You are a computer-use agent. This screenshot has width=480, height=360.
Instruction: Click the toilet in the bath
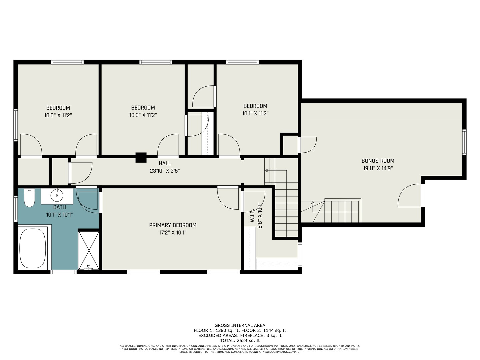[x=29, y=197]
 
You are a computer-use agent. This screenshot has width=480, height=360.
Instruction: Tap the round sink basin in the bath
[x=57, y=195]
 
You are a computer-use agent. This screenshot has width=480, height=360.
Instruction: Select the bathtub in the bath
[x=33, y=248]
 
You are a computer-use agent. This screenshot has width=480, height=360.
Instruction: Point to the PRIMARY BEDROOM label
[x=173, y=225]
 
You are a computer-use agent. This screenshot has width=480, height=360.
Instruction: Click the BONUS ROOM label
[x=378, y=161]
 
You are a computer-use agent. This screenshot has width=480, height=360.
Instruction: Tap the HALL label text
[x=165, y=163]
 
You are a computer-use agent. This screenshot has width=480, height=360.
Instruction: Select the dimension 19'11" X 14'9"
[x=378, y=168]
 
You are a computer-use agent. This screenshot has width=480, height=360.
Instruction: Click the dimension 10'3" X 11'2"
[x=143, y=115]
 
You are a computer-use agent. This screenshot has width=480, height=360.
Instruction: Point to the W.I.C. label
[x=253, y=215]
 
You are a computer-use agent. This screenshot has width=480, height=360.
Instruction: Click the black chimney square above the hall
[x=141, y=157]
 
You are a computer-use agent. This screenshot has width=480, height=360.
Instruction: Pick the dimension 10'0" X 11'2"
[x=58, y=115]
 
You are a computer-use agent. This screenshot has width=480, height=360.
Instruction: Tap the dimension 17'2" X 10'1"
[x=173, y=233]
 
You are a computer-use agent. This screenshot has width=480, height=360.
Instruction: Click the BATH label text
[x=59, y=207]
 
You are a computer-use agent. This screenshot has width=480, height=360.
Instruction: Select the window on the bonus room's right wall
[x=464, y=142]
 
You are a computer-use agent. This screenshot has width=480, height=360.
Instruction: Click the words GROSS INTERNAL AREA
[x=240, y=325]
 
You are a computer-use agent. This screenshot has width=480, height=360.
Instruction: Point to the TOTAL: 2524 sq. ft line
[x=240, y=341]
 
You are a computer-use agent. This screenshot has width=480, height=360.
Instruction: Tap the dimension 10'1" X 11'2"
[x=255, y=113]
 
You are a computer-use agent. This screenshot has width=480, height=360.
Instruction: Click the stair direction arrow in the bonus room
[x=313, y=207]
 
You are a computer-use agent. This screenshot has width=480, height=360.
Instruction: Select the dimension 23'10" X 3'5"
[x=165, y=171]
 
